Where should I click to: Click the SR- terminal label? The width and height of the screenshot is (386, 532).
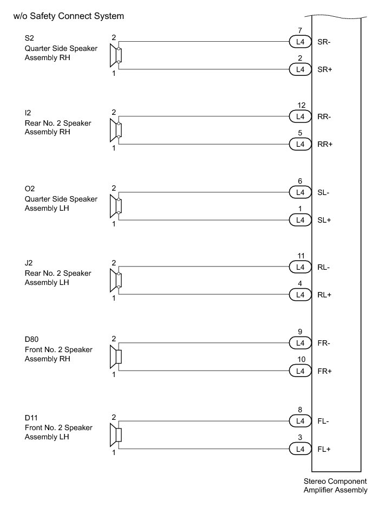(x=325, y=42)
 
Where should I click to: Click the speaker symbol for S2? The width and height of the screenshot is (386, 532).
(x=115, y=55)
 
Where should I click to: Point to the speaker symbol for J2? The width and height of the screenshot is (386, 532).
(x=115, y=281)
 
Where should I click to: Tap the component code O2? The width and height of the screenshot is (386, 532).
(x=30, y=189)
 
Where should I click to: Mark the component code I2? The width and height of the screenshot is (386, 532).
(x=28, y=113)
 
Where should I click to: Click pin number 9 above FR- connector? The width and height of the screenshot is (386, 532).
(x=300, y=332)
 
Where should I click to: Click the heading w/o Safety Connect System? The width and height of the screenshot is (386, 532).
(x=69, y=16)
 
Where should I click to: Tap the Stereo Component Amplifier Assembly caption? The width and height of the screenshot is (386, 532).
(x=335, y=485)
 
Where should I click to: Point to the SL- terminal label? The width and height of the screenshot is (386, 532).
(x=324, y=192)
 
